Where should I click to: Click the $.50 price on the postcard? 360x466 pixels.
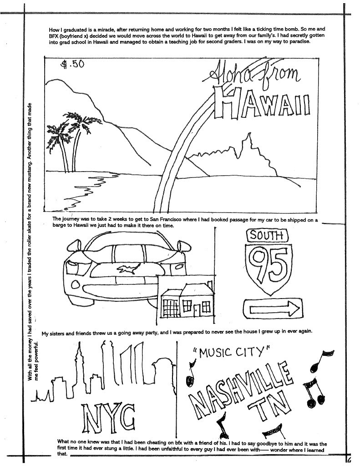tap(73, 64)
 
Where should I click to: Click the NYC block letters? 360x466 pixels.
tap(107, 417)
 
